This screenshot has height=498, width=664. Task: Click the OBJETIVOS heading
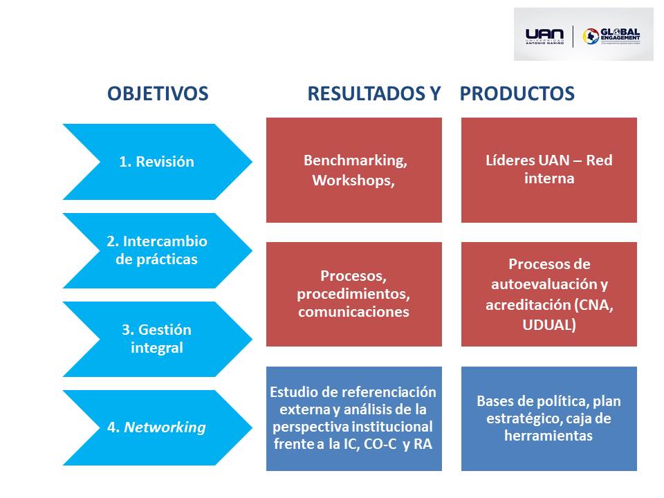(158, 94)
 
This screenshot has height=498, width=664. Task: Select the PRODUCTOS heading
(517, 94)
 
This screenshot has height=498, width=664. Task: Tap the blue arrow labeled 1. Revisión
(157, 162)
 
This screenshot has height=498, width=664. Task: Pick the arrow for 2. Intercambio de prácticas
(157, 250)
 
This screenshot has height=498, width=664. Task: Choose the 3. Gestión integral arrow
(157, 339)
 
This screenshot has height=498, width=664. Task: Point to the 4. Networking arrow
(157, 427)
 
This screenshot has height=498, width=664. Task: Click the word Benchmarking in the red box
(355, 160)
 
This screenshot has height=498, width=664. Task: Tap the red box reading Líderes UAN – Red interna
(549, 170)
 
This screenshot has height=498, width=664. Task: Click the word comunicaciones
(353, 312)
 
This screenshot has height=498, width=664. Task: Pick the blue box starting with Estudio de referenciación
(353, 418)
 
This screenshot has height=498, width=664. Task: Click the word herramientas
(549, 436)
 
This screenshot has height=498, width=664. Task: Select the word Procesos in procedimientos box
(353, 276)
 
